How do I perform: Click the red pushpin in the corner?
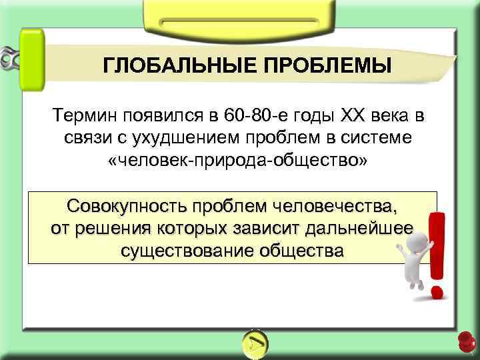point(466,341)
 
